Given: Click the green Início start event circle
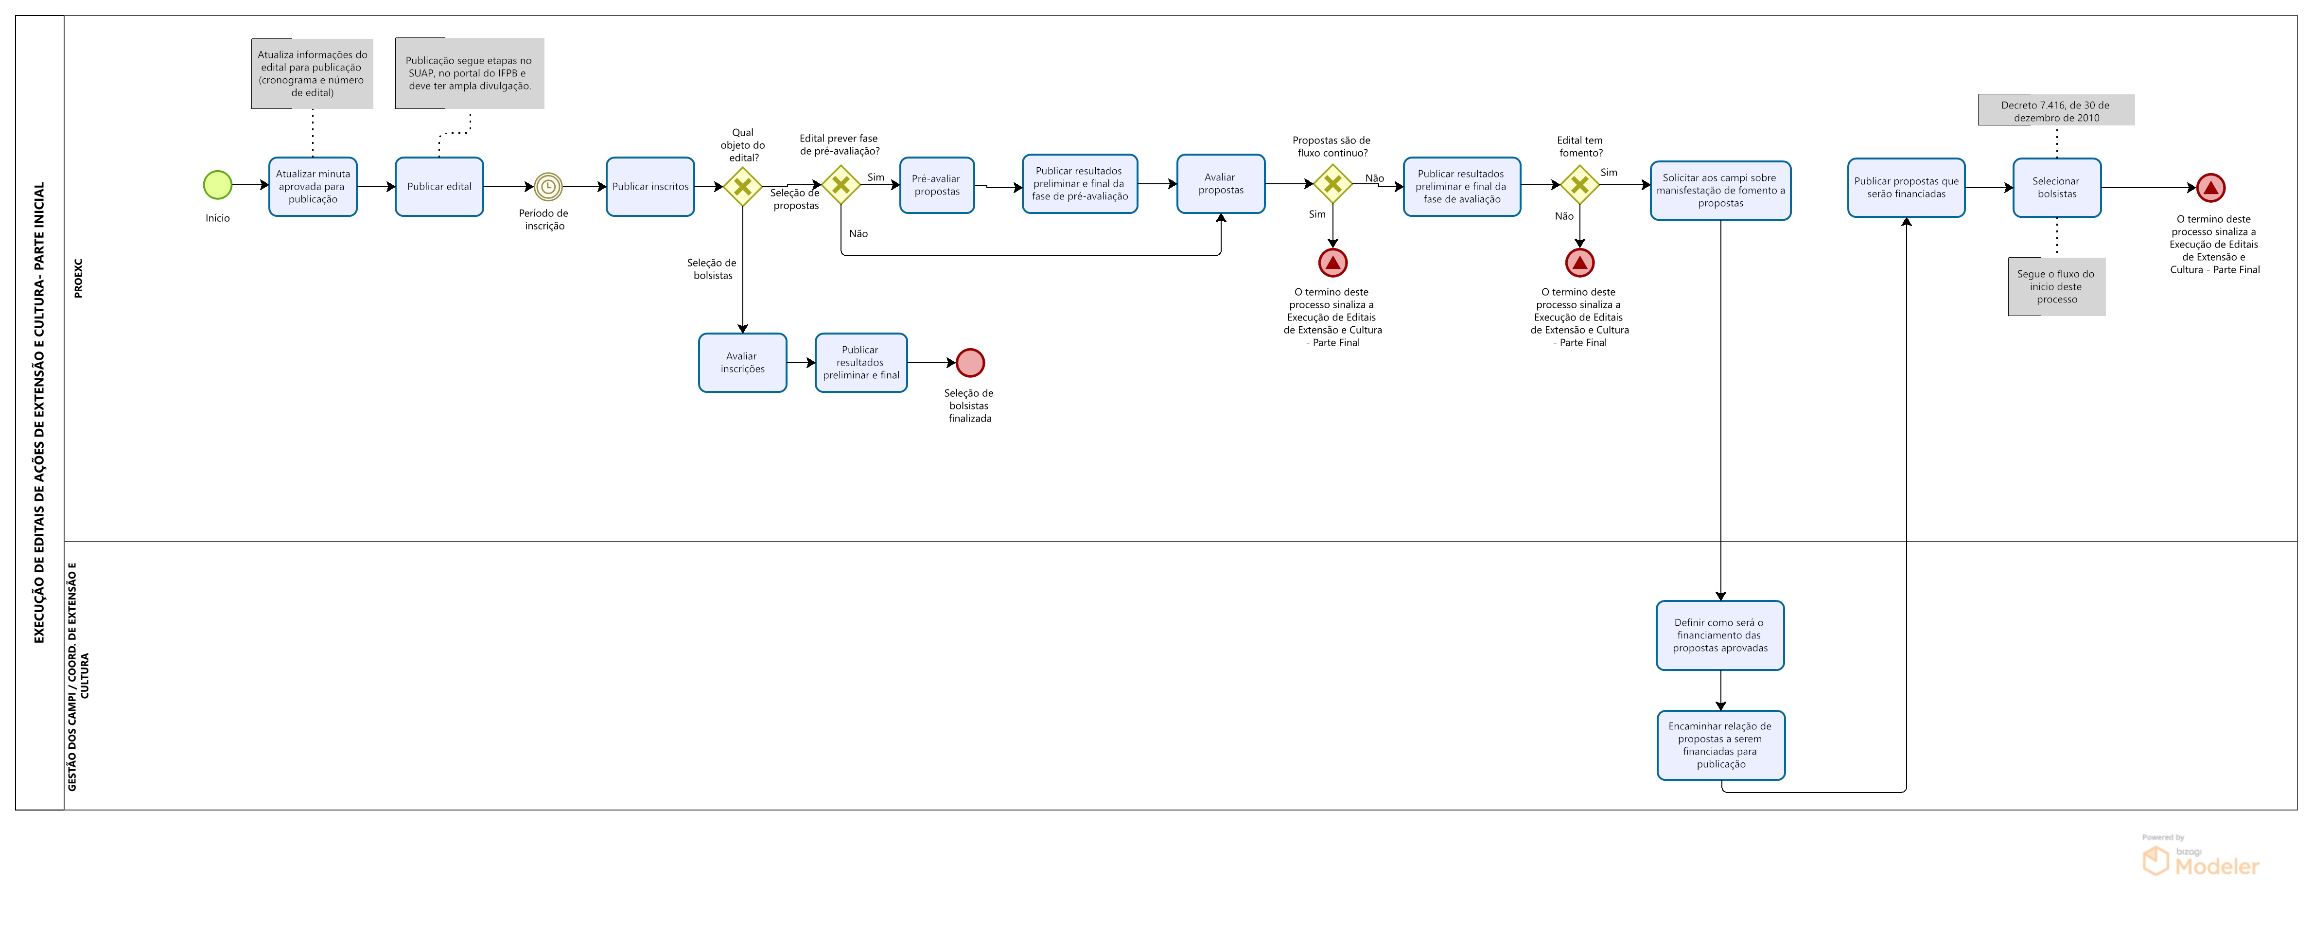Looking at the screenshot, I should coord(217,185).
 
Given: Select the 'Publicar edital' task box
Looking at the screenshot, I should coord(439,187).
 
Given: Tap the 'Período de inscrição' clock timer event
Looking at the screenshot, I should coord(548,187).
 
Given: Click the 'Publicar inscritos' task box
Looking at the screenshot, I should coord(650,187).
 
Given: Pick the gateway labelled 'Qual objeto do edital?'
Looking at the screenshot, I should coord(743,187).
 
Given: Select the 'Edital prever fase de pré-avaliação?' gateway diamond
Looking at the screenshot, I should coord(841,185).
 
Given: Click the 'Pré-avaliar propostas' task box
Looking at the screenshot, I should coord(936,185).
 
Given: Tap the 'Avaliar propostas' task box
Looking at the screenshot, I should coord(1220,184).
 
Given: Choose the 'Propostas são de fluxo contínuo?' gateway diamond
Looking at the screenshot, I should coord(1332,184).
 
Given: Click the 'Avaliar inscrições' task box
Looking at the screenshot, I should coord(743,363).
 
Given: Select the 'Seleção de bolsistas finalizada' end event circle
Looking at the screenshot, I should coord(970,363).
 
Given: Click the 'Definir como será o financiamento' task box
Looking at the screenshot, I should coord(1719,635).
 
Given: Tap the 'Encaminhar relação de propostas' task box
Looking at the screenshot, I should coord(1720,745).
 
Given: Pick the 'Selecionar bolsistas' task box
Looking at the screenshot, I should coord(2056,188).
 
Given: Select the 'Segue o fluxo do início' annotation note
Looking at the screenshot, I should coord(2056,286).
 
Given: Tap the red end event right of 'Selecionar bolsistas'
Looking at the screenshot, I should coord(2210,188).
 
